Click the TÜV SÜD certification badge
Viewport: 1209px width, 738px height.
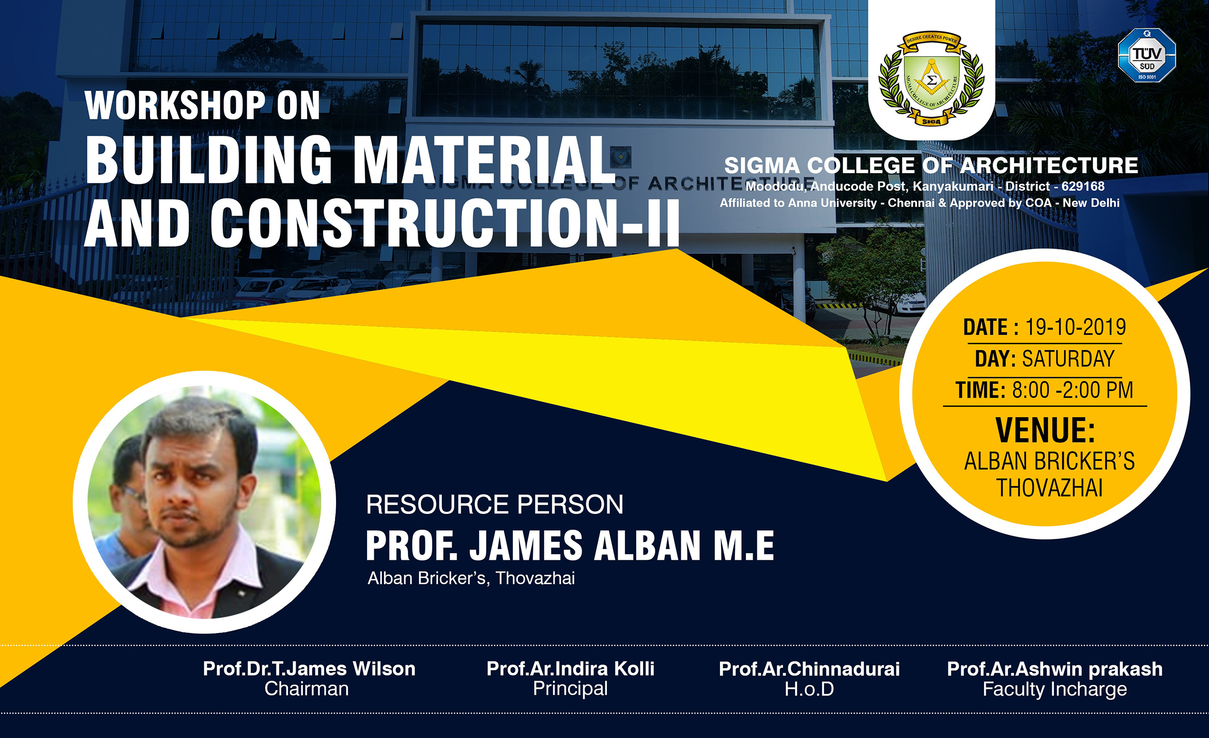point(1146,55)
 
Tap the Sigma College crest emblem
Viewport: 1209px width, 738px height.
point(931,78)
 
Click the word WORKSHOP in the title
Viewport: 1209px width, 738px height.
point(175,105)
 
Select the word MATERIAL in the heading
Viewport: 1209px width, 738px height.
point(483,160)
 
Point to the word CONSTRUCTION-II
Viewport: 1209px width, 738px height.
point(445,223)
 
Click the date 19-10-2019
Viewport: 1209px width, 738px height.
point(1076,327)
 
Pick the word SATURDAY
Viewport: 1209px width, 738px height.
point(1068,359)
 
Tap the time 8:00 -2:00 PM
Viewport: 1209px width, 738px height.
point(1073,390)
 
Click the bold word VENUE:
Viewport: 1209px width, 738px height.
point(1045,430)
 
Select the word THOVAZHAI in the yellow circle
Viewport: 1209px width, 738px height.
point(1049,488)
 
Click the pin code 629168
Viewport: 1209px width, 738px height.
point(1083,186)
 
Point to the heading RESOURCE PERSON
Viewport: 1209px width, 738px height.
point(495,505)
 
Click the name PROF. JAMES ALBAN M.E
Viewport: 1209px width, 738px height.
point(570,545)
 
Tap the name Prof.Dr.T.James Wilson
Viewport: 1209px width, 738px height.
point(309,669)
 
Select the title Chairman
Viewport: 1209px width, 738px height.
point(307,689)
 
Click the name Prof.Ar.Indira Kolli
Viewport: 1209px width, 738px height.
point(570,669)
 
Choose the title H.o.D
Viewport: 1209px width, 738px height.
point(809,689)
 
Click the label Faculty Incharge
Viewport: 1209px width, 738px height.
point(1054,690)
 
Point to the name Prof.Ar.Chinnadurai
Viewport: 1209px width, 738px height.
point(809,669)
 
